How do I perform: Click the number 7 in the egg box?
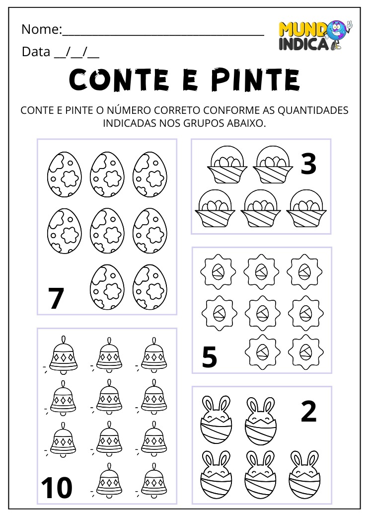(x=57, y=299)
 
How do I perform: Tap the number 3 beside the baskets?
(x=308, y=164)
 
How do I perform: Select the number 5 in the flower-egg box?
(x=210, y=357)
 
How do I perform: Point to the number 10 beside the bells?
(x=57, y=488)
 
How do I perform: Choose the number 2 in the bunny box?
(x=308, y=412)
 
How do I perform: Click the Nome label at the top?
(x=40, y=29)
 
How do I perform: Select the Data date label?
(x=36, y=51)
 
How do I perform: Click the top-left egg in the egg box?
(x=64, y=174)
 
